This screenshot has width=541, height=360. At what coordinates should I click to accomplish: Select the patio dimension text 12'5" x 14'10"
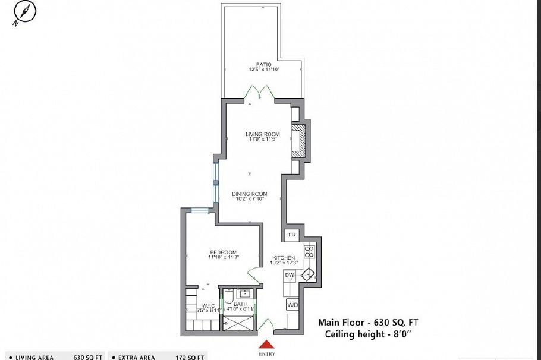coord(264,70)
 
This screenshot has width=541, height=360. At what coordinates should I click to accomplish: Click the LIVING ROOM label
coord(263,134)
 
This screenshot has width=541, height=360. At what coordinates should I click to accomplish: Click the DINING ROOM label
coord(249,194)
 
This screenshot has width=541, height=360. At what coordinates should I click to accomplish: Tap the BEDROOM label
coord(223,251)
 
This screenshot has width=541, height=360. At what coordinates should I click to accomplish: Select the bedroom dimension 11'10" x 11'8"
coord(223,257)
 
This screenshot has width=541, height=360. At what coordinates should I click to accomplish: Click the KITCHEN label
coord(283,258)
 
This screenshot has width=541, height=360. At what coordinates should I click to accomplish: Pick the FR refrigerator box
coord(292,235)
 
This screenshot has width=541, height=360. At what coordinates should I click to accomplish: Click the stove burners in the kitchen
coord(309,251)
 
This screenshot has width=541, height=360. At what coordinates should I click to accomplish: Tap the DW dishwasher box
coord(290,275)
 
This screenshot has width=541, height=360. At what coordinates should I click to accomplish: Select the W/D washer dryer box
coord(292,305)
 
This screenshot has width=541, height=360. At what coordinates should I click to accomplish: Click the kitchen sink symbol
coord(309,274)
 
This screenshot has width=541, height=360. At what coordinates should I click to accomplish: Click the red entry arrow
coord(266,344)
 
